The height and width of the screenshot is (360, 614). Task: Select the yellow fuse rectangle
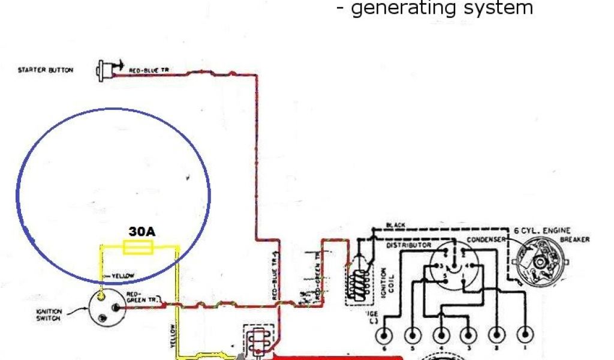[x=139, y=247]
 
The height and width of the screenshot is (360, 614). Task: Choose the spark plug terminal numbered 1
[x=526, y=334]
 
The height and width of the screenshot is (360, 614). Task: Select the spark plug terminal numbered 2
[x=497, y=335]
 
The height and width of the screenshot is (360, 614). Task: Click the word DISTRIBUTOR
[x=410, y=245]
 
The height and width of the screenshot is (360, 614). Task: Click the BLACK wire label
[x=396, y=226]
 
